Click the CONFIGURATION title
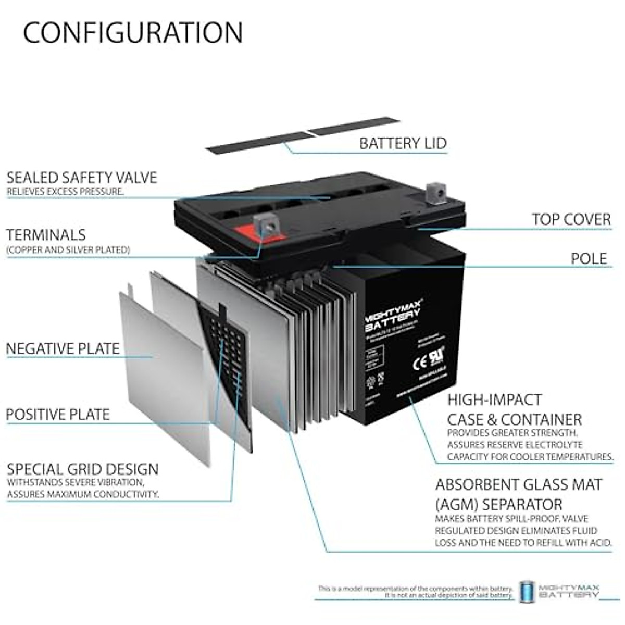tap(133, 32)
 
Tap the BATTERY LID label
tap(403, 143)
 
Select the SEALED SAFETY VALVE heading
tap(82, 178)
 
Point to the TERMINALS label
tap(46, 235)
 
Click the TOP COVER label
tap(571, 219)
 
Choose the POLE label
tap(589, 259)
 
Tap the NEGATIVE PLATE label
tap(63, 348)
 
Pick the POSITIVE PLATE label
tap(58, 415)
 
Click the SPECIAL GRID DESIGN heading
tap(83, 469)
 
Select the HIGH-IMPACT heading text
tap(495, 400)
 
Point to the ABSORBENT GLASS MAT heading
tap(519, 485)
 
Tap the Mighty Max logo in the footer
tap(560, 590)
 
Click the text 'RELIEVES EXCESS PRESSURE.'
tap(65, 192)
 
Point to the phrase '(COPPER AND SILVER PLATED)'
tap(68, 250)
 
